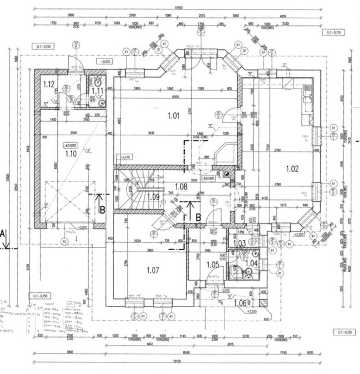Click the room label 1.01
pos(174,116)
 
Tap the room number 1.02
pos(292,169)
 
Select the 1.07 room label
pos(153,270)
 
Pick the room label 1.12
pos(49,84)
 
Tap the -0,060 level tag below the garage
pos(82,227)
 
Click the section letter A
pos(3,233)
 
